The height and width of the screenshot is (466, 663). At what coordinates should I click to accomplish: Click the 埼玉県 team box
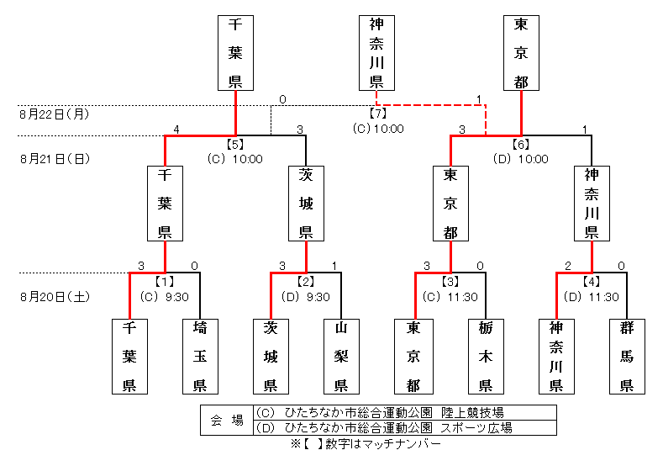[200, 357]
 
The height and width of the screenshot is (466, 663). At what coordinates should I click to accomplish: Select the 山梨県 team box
[342, 357]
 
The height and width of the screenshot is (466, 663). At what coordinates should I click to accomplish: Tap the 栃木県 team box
[485, 357]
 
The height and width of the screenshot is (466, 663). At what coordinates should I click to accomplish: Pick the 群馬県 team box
[627, 357]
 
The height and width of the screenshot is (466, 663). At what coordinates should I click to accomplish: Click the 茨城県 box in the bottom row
[271, 357]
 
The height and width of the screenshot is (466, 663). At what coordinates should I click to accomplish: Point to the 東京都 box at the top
[521, 52]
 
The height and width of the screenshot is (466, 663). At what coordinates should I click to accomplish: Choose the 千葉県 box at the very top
[235, 52]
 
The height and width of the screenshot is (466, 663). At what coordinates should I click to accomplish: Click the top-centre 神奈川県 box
[376, 52]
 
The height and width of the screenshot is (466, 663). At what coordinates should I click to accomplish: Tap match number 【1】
[165, 281]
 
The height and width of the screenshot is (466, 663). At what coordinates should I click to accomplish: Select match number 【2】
[306, 281]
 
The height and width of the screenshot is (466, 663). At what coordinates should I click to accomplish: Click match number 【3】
[450, 281]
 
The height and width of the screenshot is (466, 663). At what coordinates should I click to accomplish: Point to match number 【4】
[592, 281]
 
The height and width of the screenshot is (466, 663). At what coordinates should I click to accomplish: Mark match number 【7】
[377, 114]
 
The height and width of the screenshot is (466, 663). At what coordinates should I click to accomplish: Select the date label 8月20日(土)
[55, 296]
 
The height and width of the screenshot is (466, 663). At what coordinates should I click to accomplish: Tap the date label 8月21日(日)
[55, 158]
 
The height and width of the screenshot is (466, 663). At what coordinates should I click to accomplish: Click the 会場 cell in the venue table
[226, 420]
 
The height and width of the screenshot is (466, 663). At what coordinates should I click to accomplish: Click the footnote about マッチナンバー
[365, 443]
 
